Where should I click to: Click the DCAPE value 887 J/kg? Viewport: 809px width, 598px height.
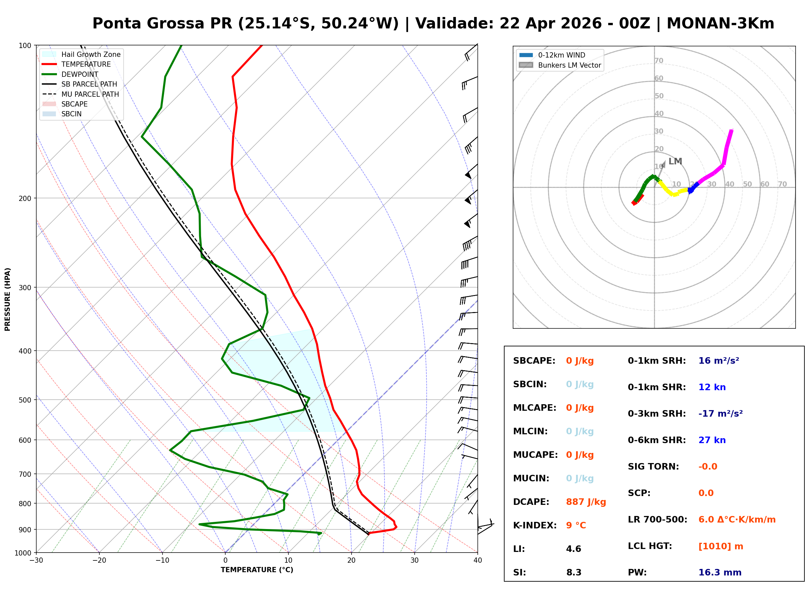pos(586,502)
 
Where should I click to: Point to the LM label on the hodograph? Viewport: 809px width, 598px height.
pos(675,161)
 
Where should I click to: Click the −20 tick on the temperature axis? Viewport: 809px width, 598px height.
pos(99,560)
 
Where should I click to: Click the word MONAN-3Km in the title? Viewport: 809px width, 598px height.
pos(720,24)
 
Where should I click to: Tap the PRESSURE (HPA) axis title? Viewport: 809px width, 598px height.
pos(8,299)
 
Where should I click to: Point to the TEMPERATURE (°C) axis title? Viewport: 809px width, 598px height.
pos(257,570)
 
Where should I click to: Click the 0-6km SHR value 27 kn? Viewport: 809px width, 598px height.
pos(712,440)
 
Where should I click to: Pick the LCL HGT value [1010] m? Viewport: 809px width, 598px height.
pos(721,546)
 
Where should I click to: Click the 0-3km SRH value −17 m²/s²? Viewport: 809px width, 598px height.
pos(720,414)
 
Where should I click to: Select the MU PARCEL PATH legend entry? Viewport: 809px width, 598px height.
pos(90,94)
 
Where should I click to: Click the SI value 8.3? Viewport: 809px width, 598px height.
pos(574,573)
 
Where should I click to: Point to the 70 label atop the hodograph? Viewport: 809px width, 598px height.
pos(659,61)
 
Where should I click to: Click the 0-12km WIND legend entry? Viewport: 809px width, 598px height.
pos(561,55)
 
